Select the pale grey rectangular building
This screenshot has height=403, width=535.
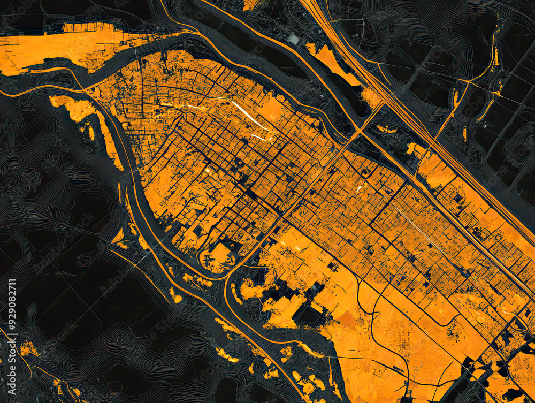point(294,39)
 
